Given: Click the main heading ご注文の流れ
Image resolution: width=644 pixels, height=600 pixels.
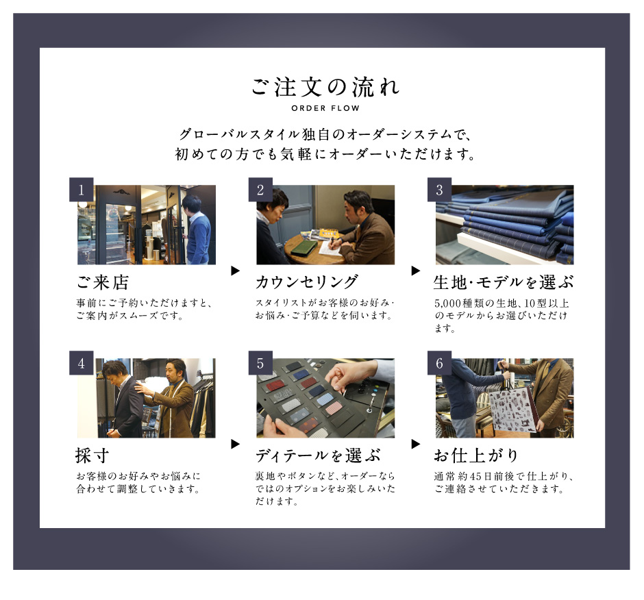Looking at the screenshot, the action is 325,87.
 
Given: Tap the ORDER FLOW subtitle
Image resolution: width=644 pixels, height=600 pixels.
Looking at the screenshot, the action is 325,108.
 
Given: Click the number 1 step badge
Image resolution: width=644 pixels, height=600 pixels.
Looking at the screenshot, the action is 82,190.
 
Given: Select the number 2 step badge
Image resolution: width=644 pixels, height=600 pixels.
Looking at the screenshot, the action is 260,190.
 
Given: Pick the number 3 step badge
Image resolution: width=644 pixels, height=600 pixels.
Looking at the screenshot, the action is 439,190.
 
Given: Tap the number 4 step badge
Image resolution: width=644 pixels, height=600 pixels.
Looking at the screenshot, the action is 82,363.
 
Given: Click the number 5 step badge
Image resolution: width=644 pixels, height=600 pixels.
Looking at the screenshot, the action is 260,363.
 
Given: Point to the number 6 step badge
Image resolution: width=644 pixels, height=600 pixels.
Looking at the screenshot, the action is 439,363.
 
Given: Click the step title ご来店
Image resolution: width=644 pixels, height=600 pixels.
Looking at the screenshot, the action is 103,283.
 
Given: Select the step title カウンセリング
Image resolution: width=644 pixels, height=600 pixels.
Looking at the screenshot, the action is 307,283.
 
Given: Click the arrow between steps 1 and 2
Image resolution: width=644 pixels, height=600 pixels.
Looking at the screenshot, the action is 236,271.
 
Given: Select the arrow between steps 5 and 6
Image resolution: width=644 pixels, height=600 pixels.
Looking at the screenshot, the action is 416,444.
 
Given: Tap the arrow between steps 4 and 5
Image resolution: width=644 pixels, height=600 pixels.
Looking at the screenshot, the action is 236,444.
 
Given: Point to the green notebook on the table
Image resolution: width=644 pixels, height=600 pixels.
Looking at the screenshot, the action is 304,249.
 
